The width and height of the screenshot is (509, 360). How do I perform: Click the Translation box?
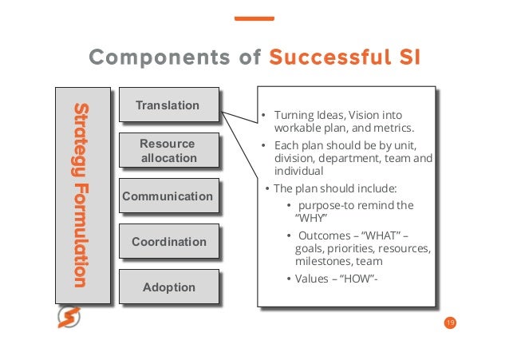[x=168, y=105]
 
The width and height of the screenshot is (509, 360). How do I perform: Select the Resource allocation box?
[x=168, y=151]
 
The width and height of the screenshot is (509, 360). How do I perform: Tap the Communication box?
[x=168, y=196]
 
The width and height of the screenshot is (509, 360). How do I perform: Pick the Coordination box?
[x=168, y=242]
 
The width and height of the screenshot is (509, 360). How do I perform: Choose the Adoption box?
[x=168, y=287]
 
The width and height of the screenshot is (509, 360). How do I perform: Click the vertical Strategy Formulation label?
[x=81, y=194]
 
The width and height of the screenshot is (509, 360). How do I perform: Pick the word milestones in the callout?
[x=323, y=261]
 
